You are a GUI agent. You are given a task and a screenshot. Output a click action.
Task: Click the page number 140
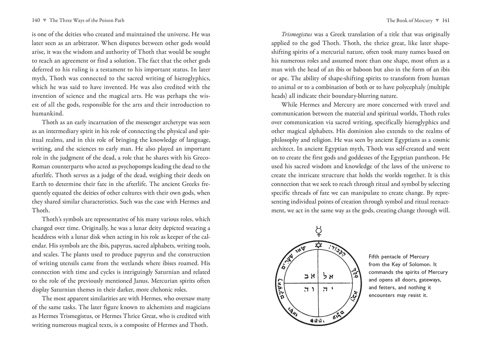tap(36, 21)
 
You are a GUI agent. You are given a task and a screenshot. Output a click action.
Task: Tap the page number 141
tap(445, 21)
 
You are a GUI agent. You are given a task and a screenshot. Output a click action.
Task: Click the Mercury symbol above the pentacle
tap(319, 230)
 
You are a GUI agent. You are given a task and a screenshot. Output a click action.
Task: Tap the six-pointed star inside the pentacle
tap(319, 245)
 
